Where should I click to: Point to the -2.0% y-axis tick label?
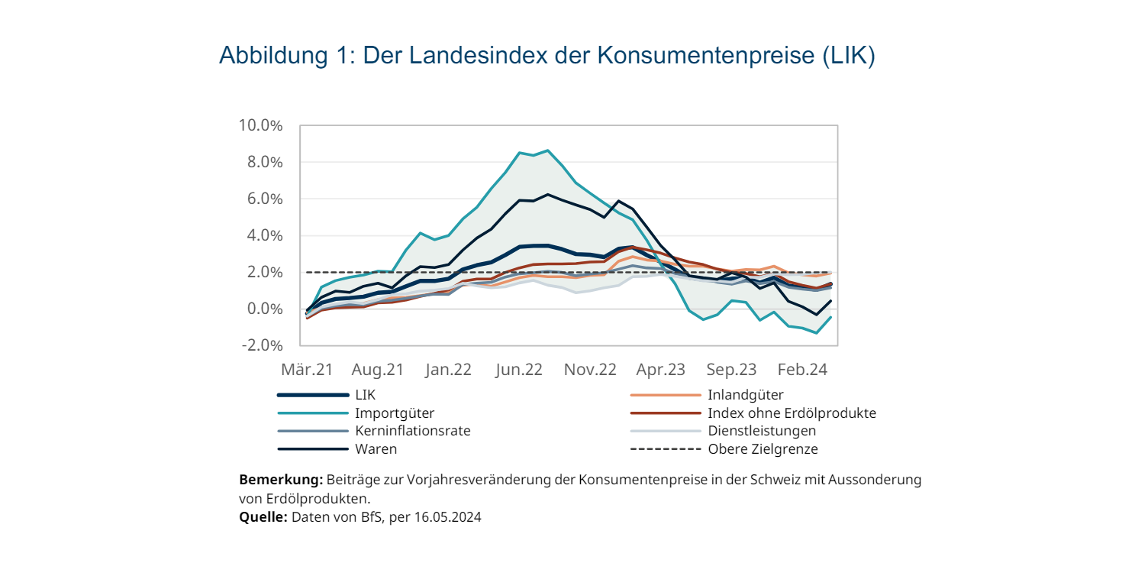point(262,345)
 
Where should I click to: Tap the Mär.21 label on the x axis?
point(308,370)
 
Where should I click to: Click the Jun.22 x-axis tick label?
point(519,370)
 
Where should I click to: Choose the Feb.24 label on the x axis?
point(802,370)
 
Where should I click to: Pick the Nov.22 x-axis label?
point(590,370)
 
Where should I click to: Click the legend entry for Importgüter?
point(395,413)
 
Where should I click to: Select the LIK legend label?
point(366,395)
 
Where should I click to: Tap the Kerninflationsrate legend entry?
point(412,431)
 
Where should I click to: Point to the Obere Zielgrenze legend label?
point(763,449)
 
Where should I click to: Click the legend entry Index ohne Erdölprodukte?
point(792,413)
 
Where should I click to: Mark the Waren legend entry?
point(376,449)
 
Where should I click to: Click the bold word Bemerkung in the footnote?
point(281,480)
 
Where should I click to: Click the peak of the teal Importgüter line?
point(547,150)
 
